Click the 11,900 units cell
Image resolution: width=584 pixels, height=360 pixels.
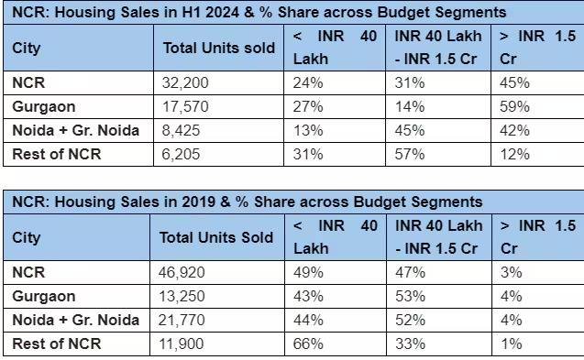(183, 344)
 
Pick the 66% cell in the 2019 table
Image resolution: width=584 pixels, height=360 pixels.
(308, 344)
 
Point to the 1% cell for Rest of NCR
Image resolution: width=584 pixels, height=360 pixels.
(512, 344)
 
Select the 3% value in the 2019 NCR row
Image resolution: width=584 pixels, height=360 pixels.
(512, 272)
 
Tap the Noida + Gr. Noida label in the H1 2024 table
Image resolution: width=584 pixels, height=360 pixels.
(75, 130)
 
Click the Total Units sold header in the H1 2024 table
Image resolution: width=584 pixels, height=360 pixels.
(218, 48)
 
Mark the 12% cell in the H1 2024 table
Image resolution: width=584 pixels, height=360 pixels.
(515, 154)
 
